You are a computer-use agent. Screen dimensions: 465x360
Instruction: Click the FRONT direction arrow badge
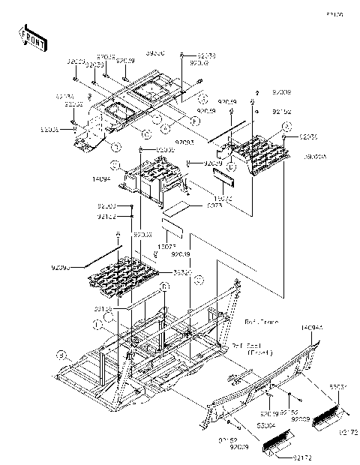(x=30, y=35)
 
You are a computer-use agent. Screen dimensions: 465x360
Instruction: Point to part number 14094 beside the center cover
(x=102, y=180)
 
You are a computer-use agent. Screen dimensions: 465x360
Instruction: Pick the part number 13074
(x=203, y=198)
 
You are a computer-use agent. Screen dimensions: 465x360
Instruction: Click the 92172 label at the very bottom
(x=282, y=456)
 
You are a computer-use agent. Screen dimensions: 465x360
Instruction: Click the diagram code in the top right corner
(x=334, y=14)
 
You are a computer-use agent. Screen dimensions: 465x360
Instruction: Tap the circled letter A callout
(x=163, y=128)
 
